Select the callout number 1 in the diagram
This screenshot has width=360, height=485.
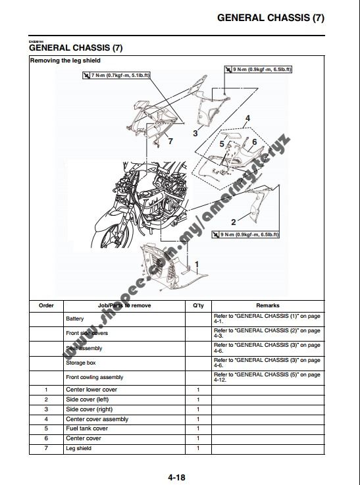coord(197,264)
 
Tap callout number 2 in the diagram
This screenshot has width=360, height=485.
coord(233,222)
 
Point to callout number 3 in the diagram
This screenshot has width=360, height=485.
coord(195,133)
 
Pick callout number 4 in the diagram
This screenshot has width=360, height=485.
coord(247,119)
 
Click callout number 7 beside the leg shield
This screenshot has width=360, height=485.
coord(170,141)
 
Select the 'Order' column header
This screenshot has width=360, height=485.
coord(46,305)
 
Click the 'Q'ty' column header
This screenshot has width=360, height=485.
coord(198,305)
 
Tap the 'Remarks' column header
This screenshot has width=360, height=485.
coord(268,305)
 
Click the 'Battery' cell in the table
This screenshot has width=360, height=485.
coord(75,319)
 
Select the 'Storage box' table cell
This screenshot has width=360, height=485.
coord(81,363)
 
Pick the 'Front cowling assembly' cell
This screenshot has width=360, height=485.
coord(94,377)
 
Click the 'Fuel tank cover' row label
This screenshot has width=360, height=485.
coord(87,428)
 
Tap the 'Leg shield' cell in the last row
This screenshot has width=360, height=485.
coord(79,448)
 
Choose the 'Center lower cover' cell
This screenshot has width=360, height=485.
coord(91,390)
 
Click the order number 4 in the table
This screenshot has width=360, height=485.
coord(46,419)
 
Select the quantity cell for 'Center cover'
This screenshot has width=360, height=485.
coord(198,438)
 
